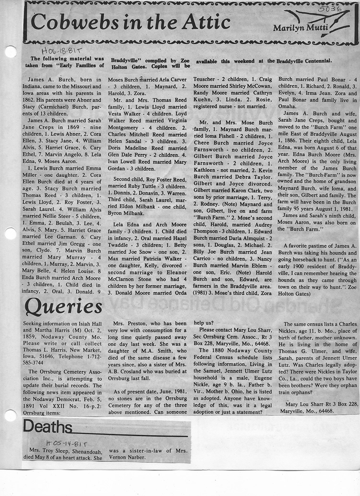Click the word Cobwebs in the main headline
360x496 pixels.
[x=66, y=22]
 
